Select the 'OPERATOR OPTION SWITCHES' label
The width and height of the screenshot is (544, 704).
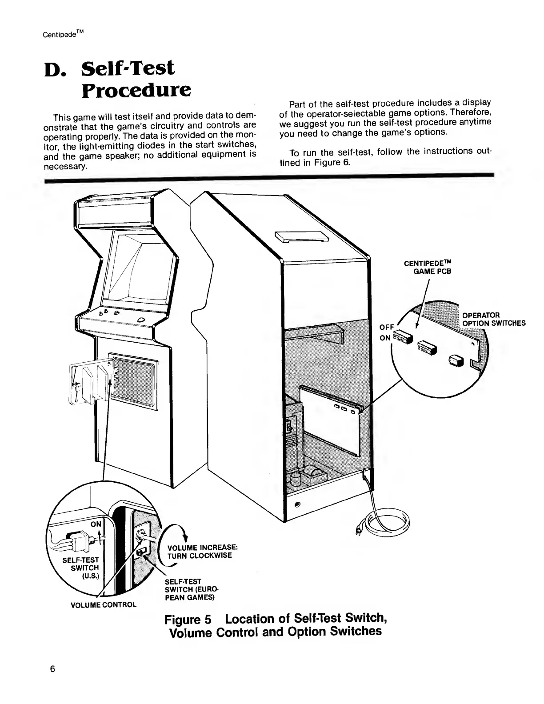point(494,319)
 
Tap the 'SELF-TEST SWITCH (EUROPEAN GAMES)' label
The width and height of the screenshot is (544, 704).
point(189,589)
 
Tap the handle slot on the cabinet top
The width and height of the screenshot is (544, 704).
point(301,237)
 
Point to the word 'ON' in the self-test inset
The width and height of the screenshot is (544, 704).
point(96,524)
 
